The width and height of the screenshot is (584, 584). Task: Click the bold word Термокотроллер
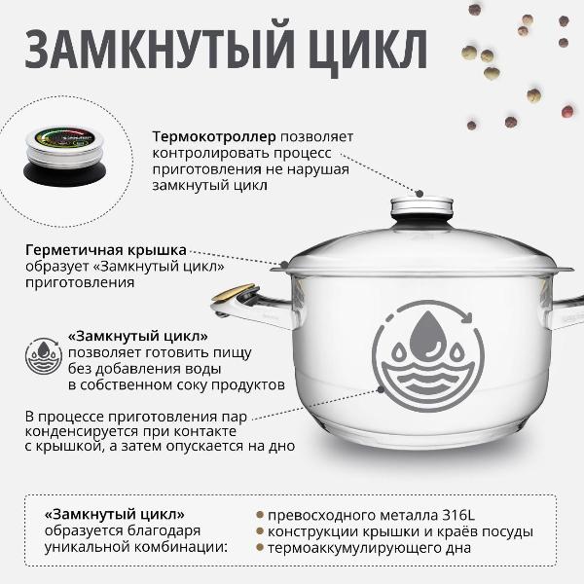pyautogui.click(x=214, y=136)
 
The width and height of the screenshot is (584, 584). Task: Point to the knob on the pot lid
pyautogui.click(x=422, y=208)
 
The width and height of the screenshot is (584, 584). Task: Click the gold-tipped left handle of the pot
pyautogui.click(x=237, y=297)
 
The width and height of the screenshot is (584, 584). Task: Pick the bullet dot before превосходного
pyautogui.click(x=260, y=515)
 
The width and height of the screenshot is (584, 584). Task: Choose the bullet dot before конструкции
pyautogui.click(x=260, y=531)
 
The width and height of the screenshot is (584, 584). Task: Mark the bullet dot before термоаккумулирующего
pyautogui.click(x=260, y=548)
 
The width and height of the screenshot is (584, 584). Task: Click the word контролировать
pyautogui.click(x=206, y=153)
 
